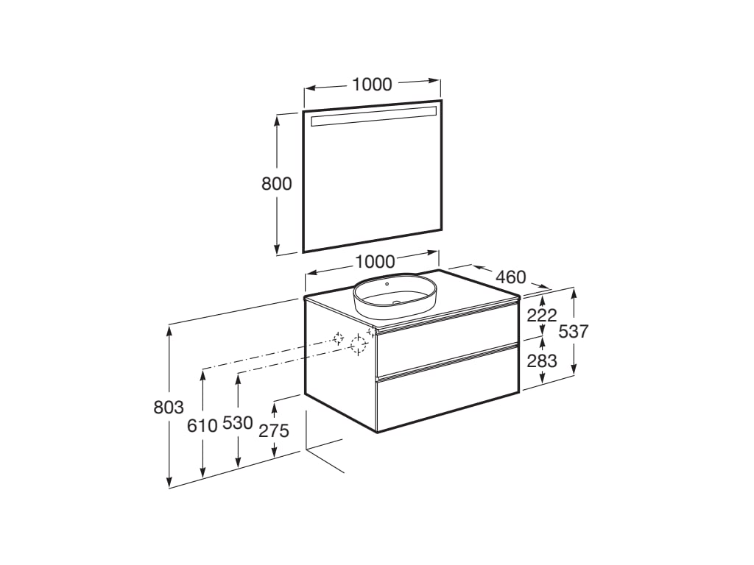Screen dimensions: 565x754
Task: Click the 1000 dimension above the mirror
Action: (372, 85)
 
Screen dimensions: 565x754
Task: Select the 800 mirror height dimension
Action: (277, 183)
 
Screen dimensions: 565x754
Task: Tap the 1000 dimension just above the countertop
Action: (375, 261)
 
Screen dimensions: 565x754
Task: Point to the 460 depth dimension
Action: (510, 277)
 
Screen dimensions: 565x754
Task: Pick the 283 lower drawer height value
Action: (541, 361)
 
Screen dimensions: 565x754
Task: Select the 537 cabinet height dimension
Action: (574, 332)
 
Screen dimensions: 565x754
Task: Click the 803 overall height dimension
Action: (169, 407)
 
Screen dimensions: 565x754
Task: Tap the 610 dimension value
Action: (202, 424)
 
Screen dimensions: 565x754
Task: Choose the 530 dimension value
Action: (237, 423)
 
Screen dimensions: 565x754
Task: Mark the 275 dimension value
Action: (274, 431)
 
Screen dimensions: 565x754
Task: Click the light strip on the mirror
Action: (373, 115)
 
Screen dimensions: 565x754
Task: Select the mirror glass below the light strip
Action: (373, 184)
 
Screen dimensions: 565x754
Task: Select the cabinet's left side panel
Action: (339, 375)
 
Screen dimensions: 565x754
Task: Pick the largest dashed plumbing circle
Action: (359, 344)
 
